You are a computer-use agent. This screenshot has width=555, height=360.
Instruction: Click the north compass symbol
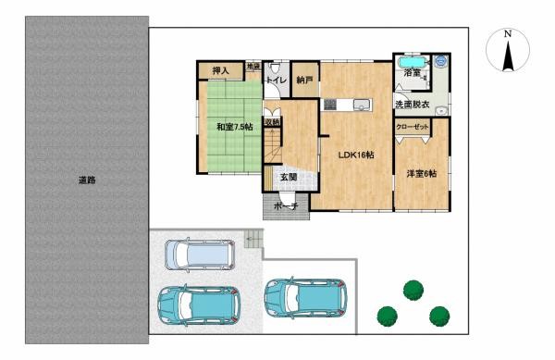point(507,51)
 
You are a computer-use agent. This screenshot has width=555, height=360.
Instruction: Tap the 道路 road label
point(87,180)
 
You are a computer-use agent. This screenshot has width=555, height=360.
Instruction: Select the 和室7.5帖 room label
point(233,126)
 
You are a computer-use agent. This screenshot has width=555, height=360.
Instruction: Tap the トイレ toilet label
point(276,81)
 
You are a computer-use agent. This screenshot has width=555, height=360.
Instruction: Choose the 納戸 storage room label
point(303,81)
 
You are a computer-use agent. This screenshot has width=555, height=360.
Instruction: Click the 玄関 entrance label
point(288,177)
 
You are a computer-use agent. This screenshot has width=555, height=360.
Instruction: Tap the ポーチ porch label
point(286,208)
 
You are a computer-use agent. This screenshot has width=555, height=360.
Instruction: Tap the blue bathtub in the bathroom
point(411,73)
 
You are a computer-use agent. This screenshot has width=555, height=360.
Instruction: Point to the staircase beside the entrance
point(272,145)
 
